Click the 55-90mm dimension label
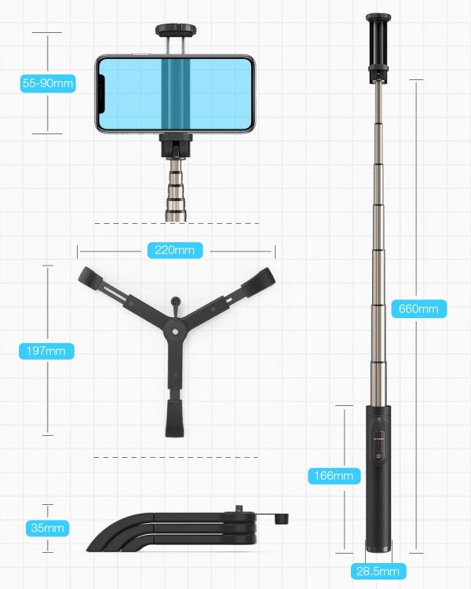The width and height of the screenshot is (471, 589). pyautogui.click(x=48, y=83)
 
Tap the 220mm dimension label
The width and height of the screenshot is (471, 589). pyautogui.click(x=174, y=251)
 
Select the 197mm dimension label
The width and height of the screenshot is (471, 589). pyautogui.click(x=46, y=351)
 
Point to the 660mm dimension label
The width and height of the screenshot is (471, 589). pyautogui.click(x=418, y=309)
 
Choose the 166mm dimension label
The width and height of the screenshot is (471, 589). pyautogui.click(x=334, y=476)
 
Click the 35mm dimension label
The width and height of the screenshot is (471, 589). pyautogui.click(x=47, y=529)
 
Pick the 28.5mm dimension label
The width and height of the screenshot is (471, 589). pyautogui.click(x=378, y=572)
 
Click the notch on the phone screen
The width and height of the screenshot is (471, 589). pyautogui.click(x=101, y=94)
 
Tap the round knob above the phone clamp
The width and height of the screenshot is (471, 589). pyautogui.click(x=176, y=30)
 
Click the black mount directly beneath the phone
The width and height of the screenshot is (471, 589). pyautogui.click(x=175, y=145)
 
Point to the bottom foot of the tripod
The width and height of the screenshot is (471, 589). pyautogui.click(x=175, y=419)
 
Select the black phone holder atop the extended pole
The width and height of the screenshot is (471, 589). pyautogui.click(x=378, y=47)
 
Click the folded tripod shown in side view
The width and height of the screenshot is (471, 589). pyautogui.click(x=188, y=530)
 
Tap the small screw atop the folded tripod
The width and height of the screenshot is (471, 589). pyautogui.click(x=239, y=509)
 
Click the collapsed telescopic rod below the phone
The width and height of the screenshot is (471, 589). pyautogui.click(x=175, y=190)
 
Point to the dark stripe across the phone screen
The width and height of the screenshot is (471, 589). pyautogui.click(x=176, y=93)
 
